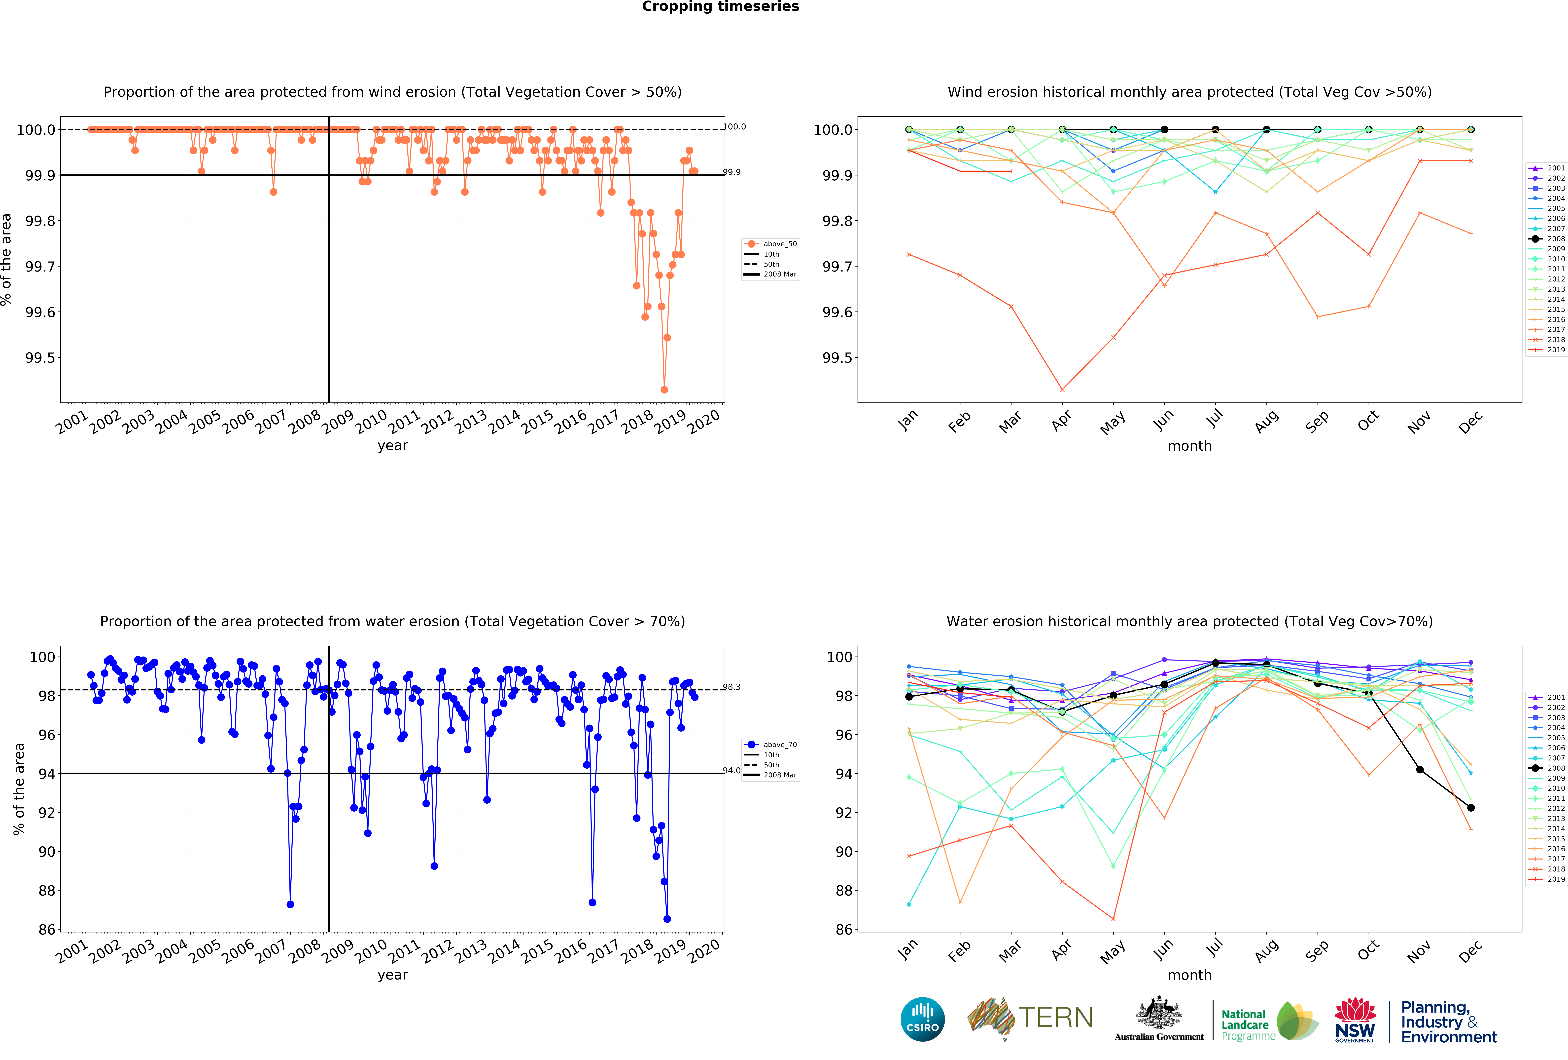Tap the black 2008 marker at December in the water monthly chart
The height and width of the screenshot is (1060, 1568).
(x=1471, y=808)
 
